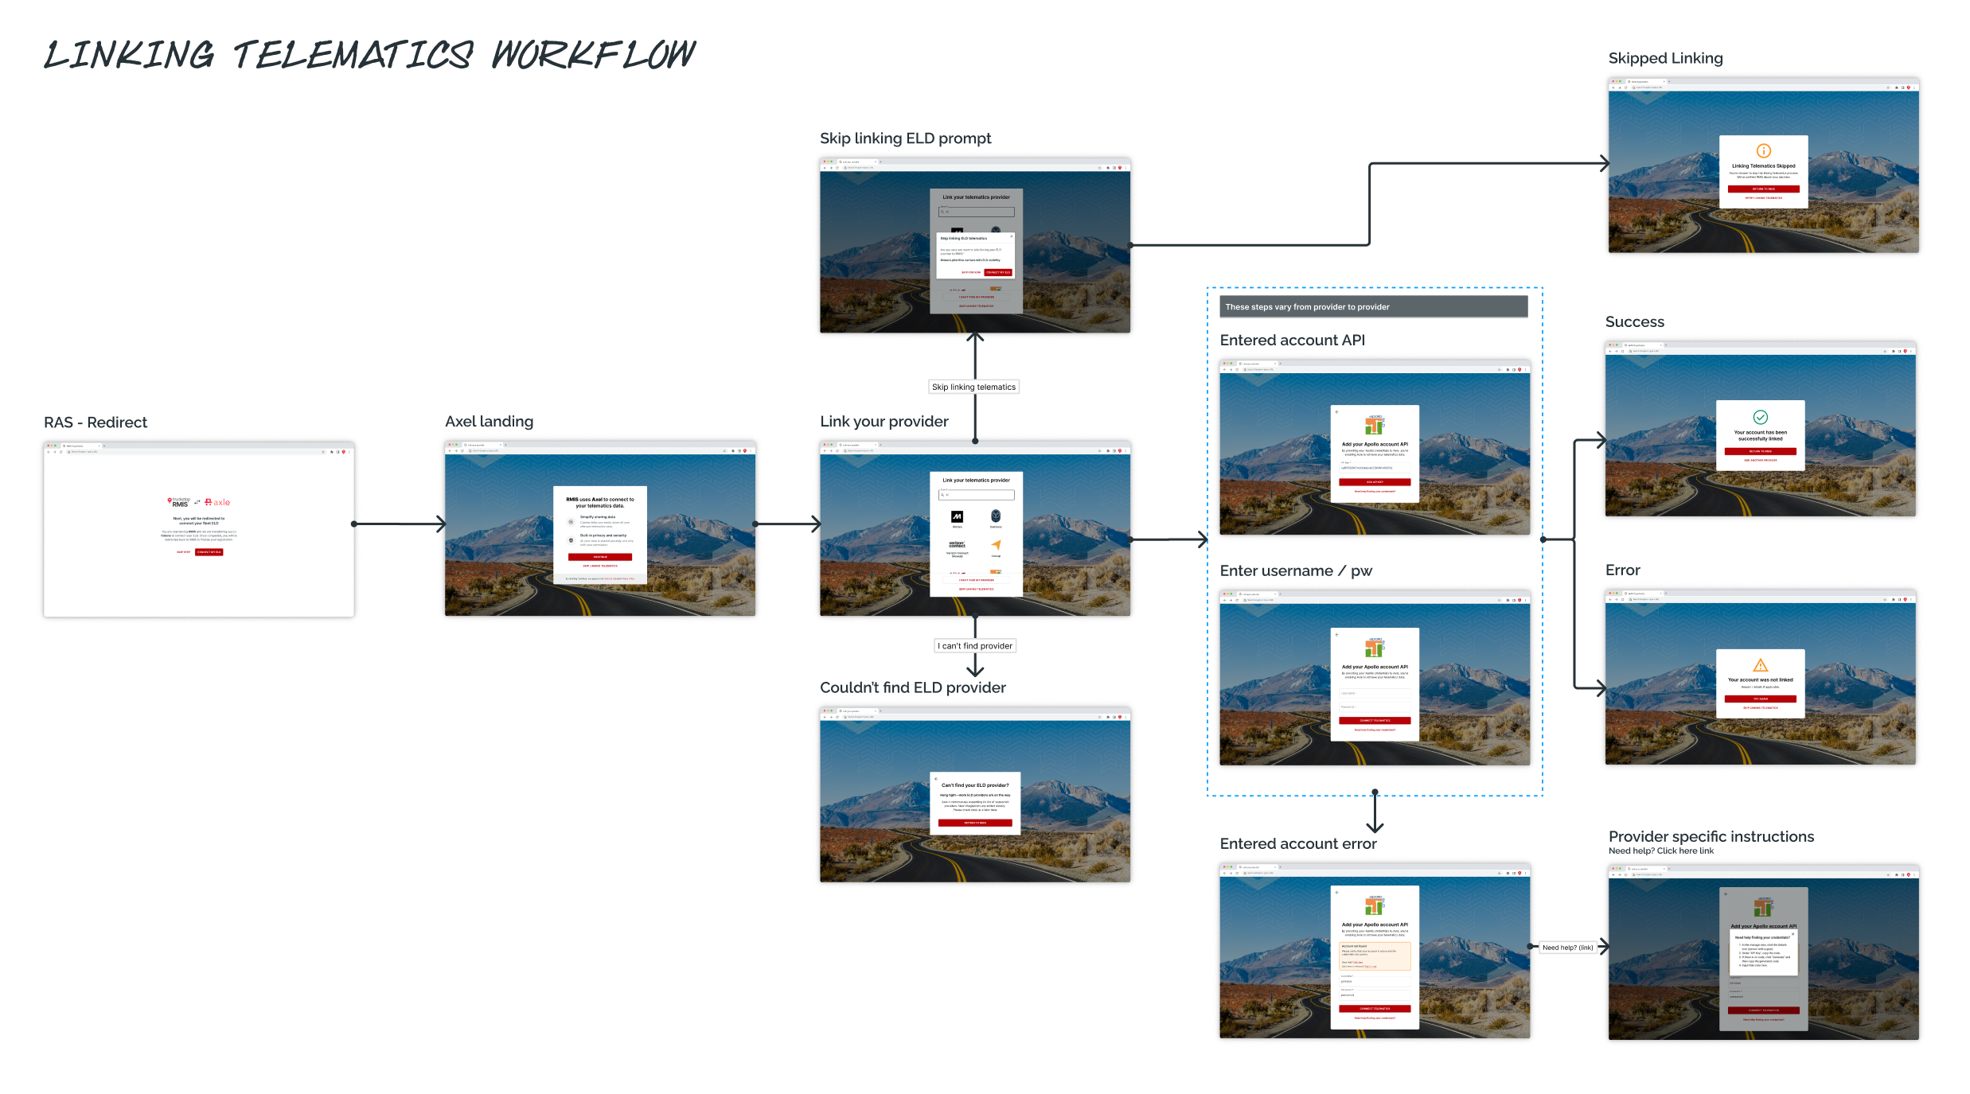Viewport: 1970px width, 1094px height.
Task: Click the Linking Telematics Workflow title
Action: (x=369, y=55)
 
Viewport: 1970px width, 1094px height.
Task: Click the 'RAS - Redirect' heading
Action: (x=96, y=422)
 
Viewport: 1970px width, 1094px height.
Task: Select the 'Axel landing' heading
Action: (x=489, y=422)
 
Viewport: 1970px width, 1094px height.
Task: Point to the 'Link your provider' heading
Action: (x=884, y=422)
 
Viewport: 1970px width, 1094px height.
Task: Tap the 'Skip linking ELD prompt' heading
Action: (x=905, y=138)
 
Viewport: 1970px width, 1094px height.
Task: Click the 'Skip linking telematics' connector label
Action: (x=973, y=387)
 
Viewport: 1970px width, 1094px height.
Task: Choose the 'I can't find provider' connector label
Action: (x=975, y=646)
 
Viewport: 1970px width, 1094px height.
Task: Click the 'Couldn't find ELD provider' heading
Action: (x=912, y=687)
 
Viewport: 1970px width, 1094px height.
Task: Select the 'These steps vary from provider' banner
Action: (x=1373, y=307)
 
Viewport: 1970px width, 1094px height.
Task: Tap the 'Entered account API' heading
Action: (x=1292, y=341)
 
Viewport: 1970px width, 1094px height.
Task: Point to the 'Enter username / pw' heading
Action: (x=1296, y=570)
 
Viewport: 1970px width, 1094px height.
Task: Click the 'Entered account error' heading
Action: (x=1297, y=843)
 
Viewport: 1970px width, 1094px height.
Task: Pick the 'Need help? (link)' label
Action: (x=1567, y=948)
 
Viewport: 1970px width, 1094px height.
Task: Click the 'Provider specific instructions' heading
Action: (x=1711, y=836)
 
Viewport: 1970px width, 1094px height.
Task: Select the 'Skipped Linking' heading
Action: (x=1665, y=58)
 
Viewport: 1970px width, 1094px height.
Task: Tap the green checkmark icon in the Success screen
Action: (x=1761, y=417)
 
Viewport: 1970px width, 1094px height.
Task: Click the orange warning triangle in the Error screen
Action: (x=1761, y=665)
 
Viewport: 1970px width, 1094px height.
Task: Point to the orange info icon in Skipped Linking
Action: (x=1764, y=150)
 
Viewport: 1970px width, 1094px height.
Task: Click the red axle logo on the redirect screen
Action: (x=217, y=502)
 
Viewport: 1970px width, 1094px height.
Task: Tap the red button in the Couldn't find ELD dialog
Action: (x=975, y=823)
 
